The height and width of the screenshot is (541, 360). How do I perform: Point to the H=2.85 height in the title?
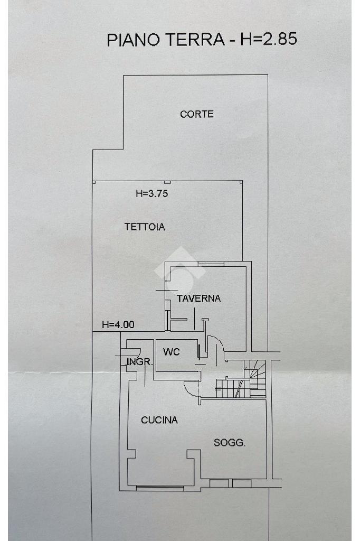(x=269, y=39)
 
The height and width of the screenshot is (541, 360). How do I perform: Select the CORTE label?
(x=197, y=114)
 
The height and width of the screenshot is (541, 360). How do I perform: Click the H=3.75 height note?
(x=151, y=194)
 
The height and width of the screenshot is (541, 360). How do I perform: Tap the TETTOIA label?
(x=145, y=227)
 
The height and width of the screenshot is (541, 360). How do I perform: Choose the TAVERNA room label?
(x=198, y=299)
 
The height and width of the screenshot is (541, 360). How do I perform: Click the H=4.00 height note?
(x=118, y=325)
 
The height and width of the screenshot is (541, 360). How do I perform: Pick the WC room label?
(x=172, y=351)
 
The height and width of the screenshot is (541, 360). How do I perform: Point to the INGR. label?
(x=140, y=362)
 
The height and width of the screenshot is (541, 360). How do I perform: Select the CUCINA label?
(x=159, y=421)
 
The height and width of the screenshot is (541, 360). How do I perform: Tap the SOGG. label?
(x=230, y=443)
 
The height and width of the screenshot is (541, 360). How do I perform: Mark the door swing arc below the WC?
(x=191, y=388)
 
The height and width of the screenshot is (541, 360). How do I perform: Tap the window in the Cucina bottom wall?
(x=160, y=486)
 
